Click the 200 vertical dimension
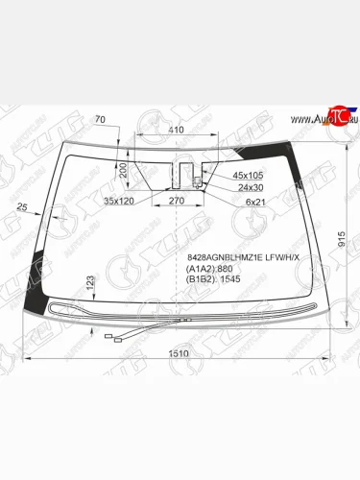(124, 171)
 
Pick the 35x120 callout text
(121, 201)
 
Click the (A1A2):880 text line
(207, 270)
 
